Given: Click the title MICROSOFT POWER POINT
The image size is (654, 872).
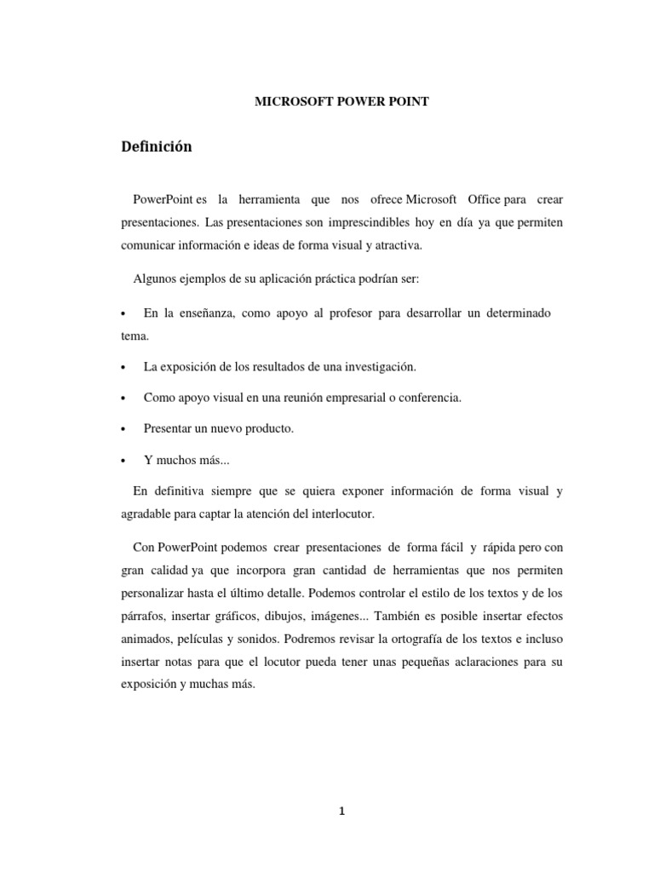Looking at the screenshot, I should (x=342, y=102).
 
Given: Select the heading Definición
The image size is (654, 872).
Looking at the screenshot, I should (x=157, y=147).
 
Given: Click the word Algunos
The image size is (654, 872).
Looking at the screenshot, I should (x=154, y=279).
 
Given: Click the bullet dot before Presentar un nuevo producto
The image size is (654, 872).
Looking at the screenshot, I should (x=124, y=430).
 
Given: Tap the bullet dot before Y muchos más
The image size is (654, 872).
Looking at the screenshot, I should (x=124, y=461).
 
